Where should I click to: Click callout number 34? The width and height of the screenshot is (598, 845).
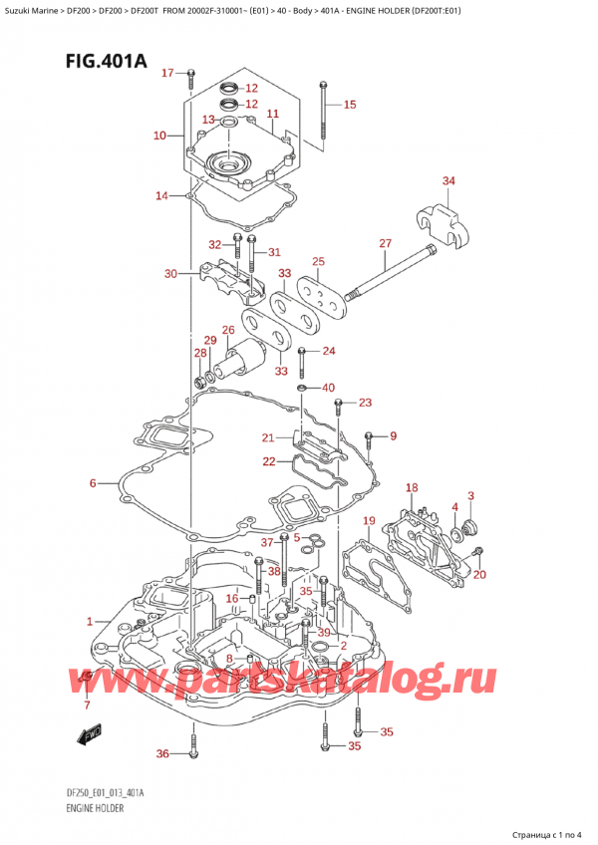click(448, 180)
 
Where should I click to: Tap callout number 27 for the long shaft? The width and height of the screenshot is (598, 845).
click(385, 243)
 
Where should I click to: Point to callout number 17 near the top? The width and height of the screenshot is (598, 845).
click(166, 73)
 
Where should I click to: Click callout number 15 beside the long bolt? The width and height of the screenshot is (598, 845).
click(349, 105)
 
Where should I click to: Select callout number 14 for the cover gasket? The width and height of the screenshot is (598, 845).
click(161, 195)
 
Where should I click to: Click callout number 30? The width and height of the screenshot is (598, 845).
click(170, 273)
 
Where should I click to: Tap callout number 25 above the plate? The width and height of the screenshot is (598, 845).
click(318, 261)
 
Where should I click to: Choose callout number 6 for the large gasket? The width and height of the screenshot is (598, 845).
click(93, 483)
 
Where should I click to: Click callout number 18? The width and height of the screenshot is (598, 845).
click(411, 486)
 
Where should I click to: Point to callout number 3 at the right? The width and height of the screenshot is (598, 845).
click(470, 495)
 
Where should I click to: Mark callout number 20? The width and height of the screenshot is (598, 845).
click(479, 574)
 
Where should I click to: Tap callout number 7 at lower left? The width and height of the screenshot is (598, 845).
click(87, 705)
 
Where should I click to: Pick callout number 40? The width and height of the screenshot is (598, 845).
click(328, 388)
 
